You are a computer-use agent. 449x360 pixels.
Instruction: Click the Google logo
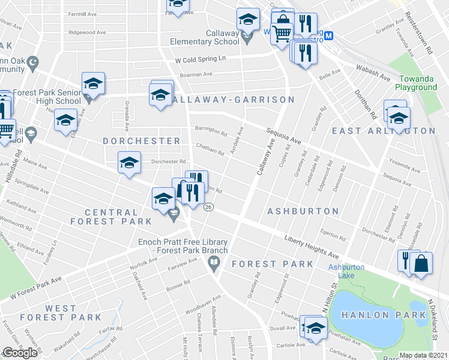(20, 353)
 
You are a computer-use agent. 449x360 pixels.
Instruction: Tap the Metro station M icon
(328, 36)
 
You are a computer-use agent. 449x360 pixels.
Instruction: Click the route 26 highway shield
(208, 206)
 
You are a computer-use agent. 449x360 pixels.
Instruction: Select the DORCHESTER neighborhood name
(141, 140)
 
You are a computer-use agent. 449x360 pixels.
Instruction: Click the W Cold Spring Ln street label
(200, 59)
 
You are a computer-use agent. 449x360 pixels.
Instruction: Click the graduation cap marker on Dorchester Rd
(129, 163)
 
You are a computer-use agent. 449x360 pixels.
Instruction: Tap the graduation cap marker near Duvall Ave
(316, 327)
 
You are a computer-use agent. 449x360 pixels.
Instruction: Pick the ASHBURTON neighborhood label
(303, 211)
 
